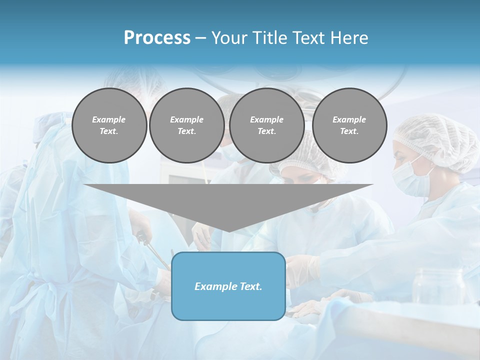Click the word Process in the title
coord(157,38)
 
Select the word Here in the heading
coord(348,38)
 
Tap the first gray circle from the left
coord(109,125)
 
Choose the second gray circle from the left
coord(186,125)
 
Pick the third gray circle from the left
coord(266,125)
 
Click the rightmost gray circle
coord(349,125)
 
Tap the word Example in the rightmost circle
coord(349,119)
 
